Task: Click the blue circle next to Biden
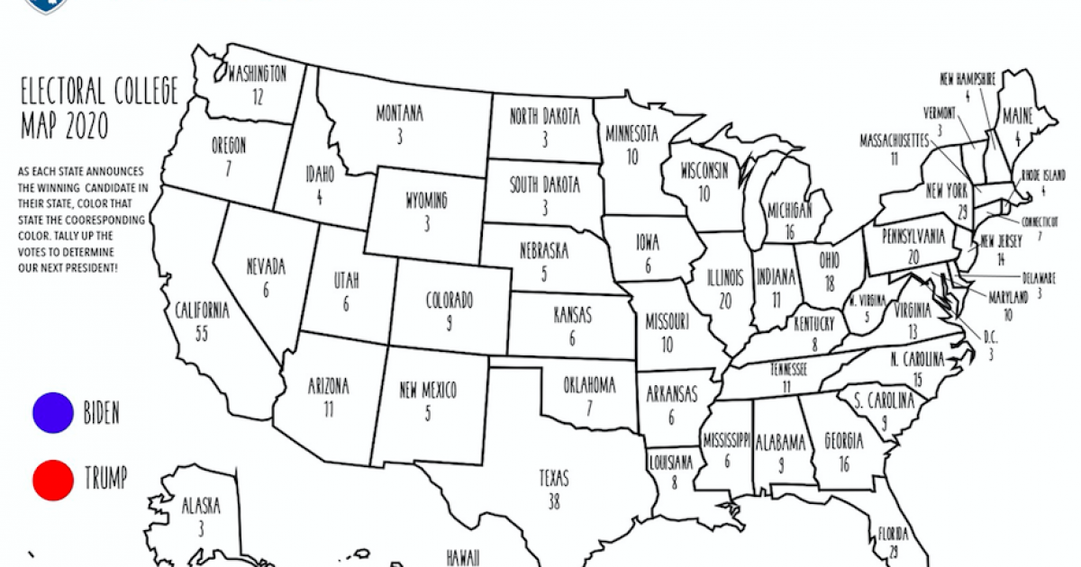tap(52, 412)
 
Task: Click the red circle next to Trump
tap(52, 480)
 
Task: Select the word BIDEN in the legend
tap(101, 413)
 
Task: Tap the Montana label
tap(399, 114)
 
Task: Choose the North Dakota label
tap(545, 116)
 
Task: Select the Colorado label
tap(450, 301)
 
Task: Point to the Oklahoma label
tap(589, 386)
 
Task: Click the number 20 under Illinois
tap(725, 301)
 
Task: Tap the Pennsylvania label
tap(912, 236)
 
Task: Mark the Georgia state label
tap(844, 442)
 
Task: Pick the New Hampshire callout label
tap(967, 79)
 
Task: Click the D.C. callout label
tap(990, 337)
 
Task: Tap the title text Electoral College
tap(99, 91)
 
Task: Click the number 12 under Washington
tap(258, 94)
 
